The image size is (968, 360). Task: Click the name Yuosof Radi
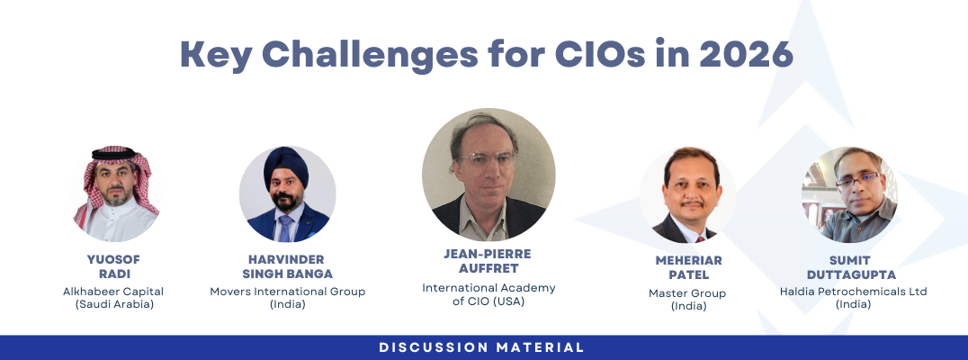coord(113,266)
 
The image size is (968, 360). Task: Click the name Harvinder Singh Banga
coord(288,266)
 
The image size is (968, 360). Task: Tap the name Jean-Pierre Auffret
coord(488,261)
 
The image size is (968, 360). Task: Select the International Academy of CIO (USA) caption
coord(488,294)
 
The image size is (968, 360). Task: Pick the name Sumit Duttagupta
coord(850,266)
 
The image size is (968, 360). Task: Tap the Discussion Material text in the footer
coord(482,347)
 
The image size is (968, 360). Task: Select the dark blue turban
coord(287,161)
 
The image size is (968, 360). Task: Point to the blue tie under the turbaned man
coord(285,229)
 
